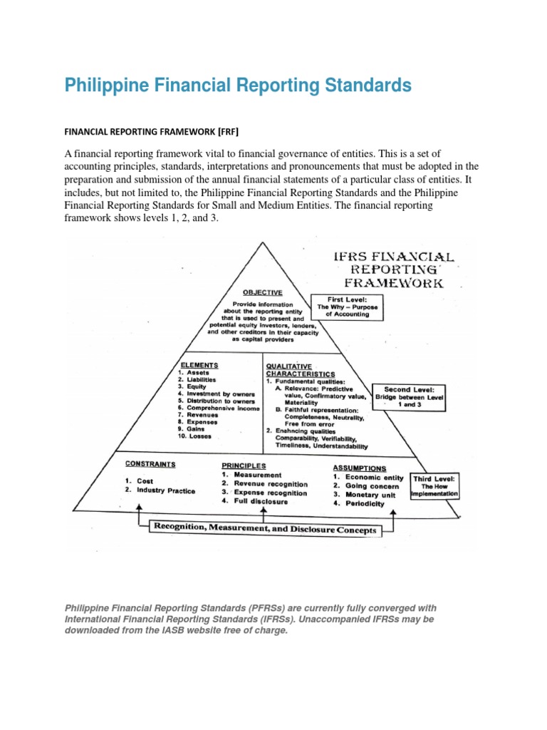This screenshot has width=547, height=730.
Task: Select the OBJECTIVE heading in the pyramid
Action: [x=263, y=292]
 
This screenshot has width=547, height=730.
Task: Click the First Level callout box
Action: [x=348, y=307]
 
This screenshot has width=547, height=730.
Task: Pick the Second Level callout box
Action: [x=412, y=396]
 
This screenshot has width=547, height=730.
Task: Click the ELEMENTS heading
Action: [x=199, y=365]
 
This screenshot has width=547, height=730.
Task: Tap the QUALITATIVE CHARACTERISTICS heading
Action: [x=299, y=369]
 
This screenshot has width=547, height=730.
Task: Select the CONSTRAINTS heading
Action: [x=150, y=463]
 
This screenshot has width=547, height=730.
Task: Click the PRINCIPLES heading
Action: [x=243, y=465]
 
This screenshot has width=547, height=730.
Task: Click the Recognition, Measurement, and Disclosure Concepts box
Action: [x=263, y=530]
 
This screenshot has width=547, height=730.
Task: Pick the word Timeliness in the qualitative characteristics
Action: [x=291, y=447]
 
